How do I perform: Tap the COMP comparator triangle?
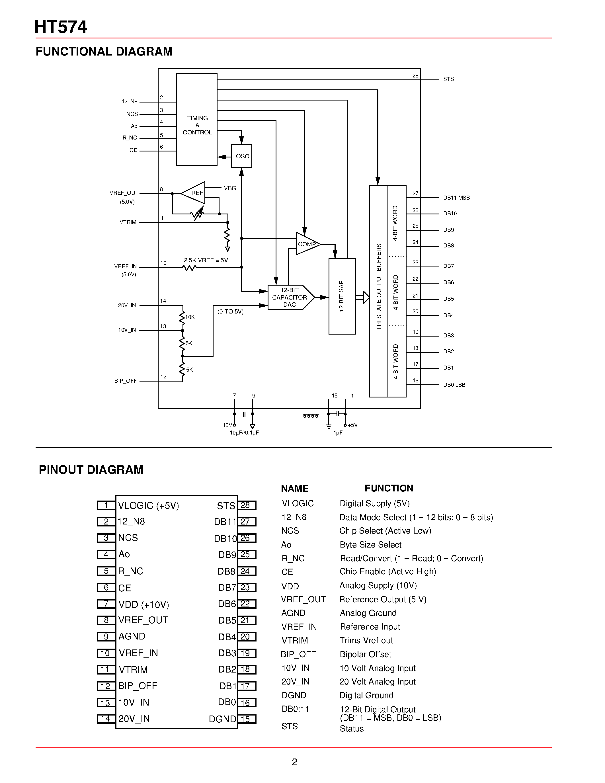(x=306, y=244)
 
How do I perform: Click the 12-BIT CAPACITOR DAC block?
(x=289, y=298)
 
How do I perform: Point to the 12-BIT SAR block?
(x=342, y=296)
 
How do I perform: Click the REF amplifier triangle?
(x=195, y=193)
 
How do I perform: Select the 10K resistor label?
(x=190, y=317)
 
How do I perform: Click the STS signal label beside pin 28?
(x=448, y=79)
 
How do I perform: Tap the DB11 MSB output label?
(x=456, y=198)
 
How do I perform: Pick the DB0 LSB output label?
(x=454, y=385)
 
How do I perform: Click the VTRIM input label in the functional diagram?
(x=128, y=222)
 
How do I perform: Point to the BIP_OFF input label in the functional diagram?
(x=126, y=381)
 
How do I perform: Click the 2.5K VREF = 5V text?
(x=206, y=260)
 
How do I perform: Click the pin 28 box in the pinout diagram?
(x=247, y=505)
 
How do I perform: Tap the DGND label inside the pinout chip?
(x=222, y=719)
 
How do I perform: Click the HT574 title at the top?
(x=61, y=27)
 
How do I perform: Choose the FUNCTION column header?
(x=389, y=488)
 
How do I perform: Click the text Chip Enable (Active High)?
(x=388, y=571)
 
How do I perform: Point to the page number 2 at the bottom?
(x=294, y=762)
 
